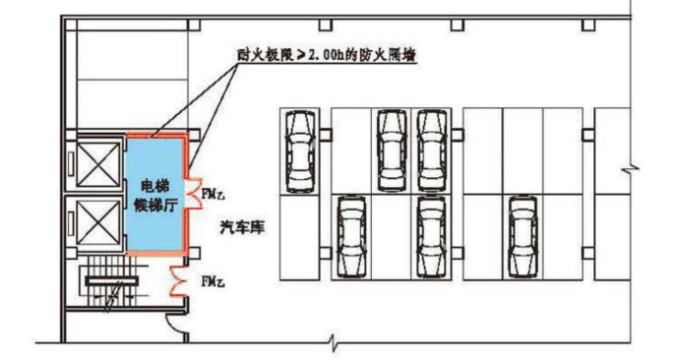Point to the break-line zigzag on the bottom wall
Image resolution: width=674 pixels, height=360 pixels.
(x=336, y=345)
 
